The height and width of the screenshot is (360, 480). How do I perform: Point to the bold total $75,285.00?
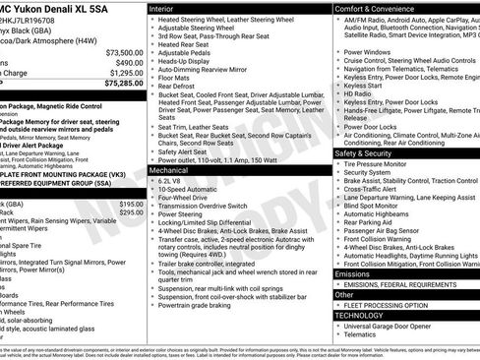point(124,84)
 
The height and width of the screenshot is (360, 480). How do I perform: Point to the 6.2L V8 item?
point(170,182)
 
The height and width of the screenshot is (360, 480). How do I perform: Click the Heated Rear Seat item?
point(184,43)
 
